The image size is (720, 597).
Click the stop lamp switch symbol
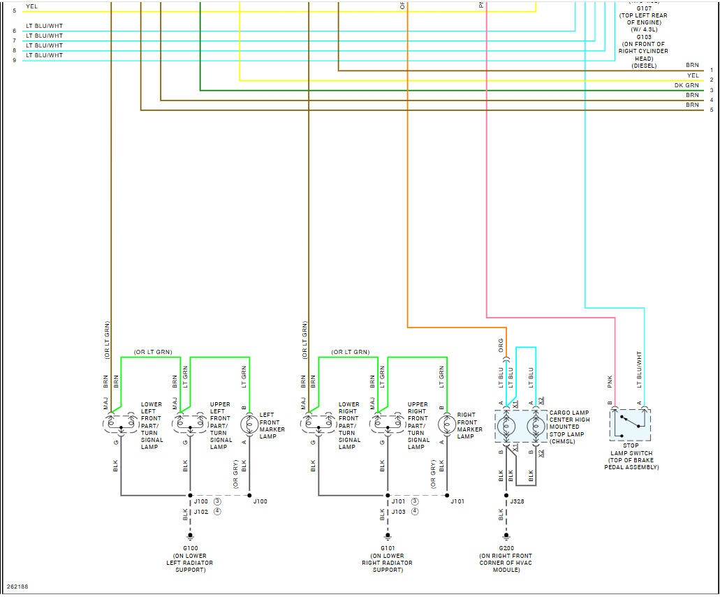pos(630,425)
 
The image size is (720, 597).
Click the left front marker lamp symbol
pos(249,424)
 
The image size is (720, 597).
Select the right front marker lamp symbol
pos(447,424)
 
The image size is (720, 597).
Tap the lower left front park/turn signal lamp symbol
pos(121,423)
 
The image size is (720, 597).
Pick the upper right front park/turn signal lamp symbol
pos(388,423)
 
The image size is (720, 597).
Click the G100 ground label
pos(190,549)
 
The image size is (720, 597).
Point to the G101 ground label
pos(388,549)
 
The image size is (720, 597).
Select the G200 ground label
pos(506,549)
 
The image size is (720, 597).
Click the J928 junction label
pos(517,501)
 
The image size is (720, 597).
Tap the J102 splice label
pos(201,512)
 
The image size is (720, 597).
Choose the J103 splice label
pos(399,512)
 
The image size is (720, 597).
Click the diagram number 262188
pos(17,587)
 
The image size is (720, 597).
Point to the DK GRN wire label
pos(686,85)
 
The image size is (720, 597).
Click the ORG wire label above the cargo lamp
pos(501,345)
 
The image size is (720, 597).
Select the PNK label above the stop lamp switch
pos(610,381)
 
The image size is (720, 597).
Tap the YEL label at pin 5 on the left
pos(32,6)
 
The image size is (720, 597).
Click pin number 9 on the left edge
pos(14,60)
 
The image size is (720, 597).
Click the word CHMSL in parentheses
pos(562,441)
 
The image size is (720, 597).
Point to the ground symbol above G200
pos(506,538)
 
